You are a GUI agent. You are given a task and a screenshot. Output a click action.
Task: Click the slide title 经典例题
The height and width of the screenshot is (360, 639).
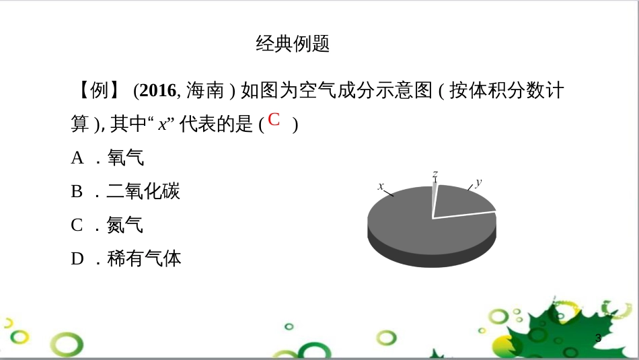(x=293, y=44)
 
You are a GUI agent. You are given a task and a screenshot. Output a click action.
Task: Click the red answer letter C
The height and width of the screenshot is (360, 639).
(x=274, y=120)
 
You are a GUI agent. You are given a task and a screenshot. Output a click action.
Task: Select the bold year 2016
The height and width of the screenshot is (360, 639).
(x=159, y=90)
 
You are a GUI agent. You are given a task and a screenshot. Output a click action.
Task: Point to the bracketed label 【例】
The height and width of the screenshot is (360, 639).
(x=100, y=90)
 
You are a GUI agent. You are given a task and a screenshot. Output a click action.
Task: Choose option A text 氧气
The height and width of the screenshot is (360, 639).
(x=125, y=158)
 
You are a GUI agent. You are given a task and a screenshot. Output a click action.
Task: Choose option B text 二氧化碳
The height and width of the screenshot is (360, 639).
(x=143, y=192)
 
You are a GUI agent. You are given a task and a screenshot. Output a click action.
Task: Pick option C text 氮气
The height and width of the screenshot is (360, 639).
(x=125, y=225)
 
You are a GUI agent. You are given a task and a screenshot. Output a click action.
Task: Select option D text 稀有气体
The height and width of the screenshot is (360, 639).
(x=144, y=259)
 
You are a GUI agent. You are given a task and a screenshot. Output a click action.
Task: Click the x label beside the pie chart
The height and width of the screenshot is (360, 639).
(x=381, y=186)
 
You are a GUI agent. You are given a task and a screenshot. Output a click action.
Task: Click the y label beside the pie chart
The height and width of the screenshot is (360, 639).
(x=478, y=182)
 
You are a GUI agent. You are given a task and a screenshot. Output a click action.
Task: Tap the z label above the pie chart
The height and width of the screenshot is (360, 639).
(x=435, y=174)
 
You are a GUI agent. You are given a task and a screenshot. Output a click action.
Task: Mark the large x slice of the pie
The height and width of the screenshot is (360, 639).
(x=410, y=225)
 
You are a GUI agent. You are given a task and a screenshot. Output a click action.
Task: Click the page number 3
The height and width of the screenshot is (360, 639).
(x=598, y=338)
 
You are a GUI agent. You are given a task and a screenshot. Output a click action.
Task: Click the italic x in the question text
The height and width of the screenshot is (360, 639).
(x=162, y=124)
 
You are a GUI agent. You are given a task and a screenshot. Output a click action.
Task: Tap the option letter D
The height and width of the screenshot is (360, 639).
(x=77, y=259)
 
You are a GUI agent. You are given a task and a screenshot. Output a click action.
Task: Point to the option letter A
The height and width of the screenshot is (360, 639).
(x=77, y=158)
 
